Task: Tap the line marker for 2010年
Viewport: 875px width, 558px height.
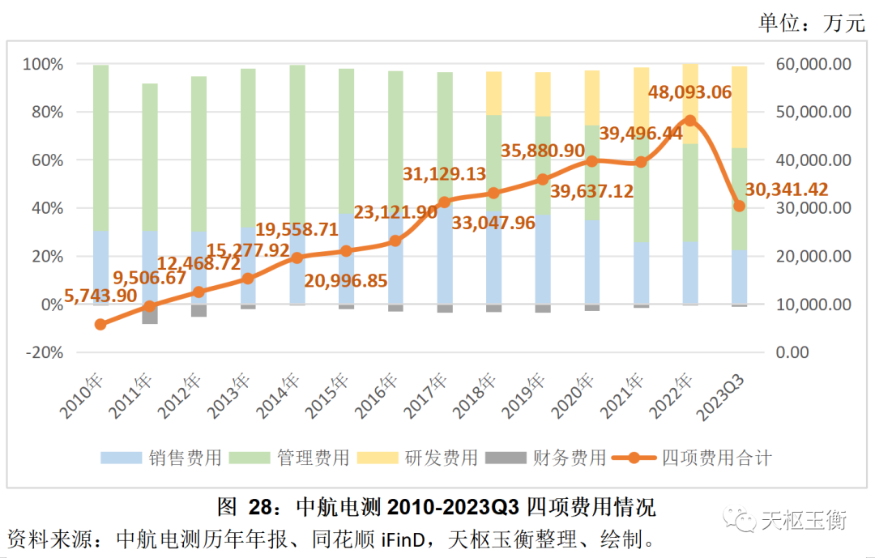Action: [x=100, y=324]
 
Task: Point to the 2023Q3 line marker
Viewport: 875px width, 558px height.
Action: [x=739, y=206]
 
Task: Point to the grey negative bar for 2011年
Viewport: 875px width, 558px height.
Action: [x=149, y=314]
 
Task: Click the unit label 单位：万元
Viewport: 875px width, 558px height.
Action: [x=811, y=23]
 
